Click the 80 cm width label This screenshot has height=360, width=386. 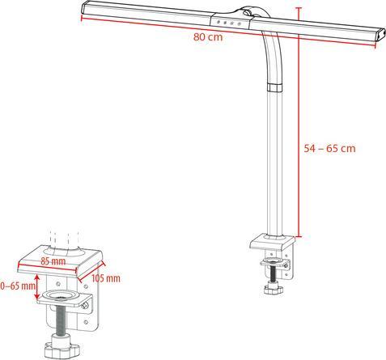coord(208,37)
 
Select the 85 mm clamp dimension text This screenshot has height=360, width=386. coord(55,262)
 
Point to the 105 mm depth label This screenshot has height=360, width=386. coord(106,278)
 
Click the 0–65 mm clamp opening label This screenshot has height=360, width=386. coord(18,286)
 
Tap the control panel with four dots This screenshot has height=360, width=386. coord(231,23)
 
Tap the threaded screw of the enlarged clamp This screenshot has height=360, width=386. coord(61,320)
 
